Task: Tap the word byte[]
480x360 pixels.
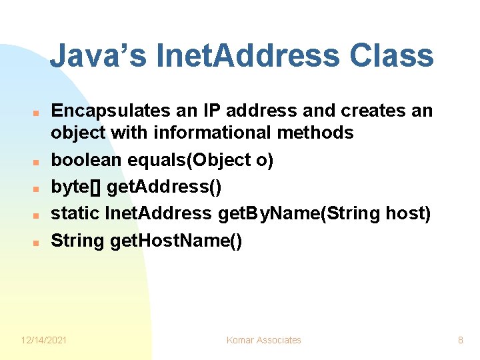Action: pos(76,187)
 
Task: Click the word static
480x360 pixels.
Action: pos(75,213)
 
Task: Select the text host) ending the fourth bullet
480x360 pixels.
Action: pos(408,213)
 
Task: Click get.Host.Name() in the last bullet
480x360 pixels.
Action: pos(176,241)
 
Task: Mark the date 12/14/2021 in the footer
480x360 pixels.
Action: pos(44,340)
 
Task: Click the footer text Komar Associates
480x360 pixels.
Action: pos(263,340)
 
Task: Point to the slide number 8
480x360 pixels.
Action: pos(460,340)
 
